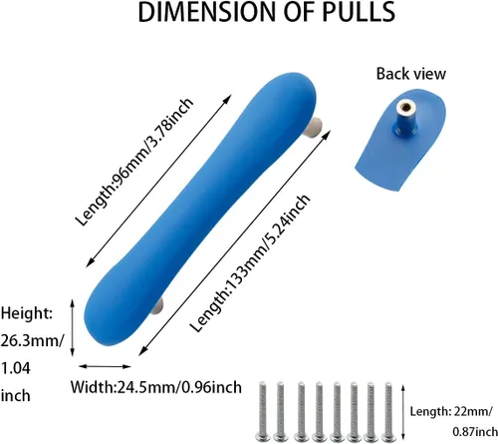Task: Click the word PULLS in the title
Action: (x=359, y=12)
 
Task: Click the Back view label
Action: (x=411, y=74)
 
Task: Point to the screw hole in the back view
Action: (x=405, y=107)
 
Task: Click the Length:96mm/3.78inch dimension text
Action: (x=133, y=162)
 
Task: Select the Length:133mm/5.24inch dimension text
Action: (x=250, y=262)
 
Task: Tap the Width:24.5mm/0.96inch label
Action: (x=156, y=387)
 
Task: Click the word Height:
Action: (x=27, y=313)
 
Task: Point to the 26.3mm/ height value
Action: (x=32, y=341)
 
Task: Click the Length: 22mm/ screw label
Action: (x=451, y=412)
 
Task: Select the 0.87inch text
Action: (x=475, y=432)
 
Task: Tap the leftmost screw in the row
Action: (x=263, y=411)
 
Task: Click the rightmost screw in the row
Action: (x=388, y=411)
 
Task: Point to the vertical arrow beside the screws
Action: (x=403, y=412)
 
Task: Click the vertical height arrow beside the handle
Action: (x=73, y=328)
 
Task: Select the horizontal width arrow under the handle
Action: (x=105, y=366)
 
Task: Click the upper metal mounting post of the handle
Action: (x=315, y=126)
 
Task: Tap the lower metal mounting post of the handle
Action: (x=158, y=306)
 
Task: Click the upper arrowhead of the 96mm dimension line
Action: (x=227, y=99)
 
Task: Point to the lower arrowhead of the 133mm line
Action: (x=143, y=351)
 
